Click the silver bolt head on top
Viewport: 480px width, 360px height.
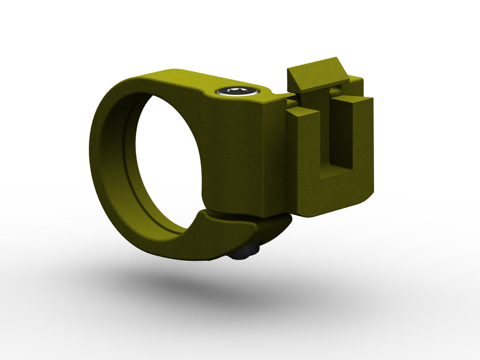point(237,91)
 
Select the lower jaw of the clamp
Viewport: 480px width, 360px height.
point(224,236)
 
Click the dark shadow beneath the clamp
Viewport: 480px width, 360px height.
point(240,292)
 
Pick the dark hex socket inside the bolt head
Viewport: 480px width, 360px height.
point(237,90)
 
